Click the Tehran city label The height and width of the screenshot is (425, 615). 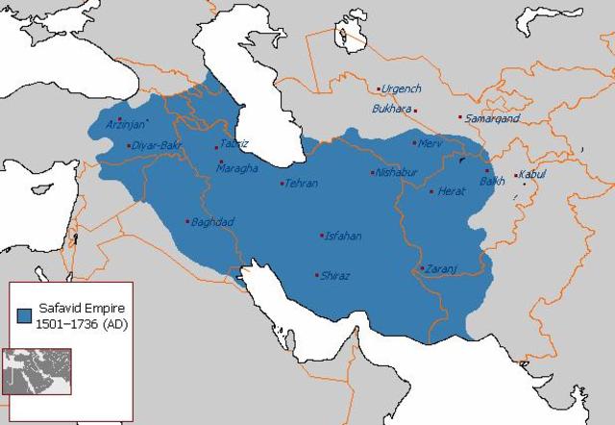coord(302,183)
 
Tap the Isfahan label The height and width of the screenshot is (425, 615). coord(344,236)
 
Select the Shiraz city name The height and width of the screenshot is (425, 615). coord(336,276)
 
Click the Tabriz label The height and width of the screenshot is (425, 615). coord(234,143)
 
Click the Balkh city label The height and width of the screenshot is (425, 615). coord(493,180)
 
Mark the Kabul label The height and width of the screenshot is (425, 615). coord(532,174)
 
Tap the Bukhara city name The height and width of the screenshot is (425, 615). coord(391,109)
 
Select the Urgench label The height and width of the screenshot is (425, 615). coord(402,88)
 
